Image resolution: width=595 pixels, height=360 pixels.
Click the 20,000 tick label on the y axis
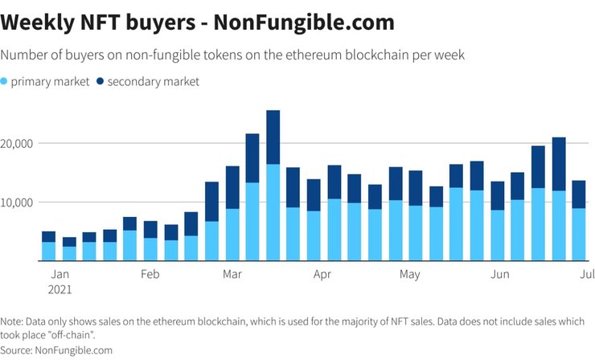(x=18, y=143)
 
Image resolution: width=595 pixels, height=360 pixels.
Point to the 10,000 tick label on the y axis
(x=18, y=202)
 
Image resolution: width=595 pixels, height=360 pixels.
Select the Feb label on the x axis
(x=150, y=274)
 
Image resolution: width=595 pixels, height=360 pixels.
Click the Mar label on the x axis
(x=233, y=274)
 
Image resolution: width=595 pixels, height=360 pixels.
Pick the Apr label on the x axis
(x=322, y=274)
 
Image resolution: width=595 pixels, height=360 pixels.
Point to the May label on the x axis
(x=409, y=274)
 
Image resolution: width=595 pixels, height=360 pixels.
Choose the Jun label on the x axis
(x=500, y=274)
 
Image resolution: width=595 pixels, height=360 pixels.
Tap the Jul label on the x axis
(x=586, y=274)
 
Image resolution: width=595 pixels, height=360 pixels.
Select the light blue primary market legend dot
(x=5, y=81)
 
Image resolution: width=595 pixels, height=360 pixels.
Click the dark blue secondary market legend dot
(x=100, y=81)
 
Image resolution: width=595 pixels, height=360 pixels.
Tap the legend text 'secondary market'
(x=153, y=81)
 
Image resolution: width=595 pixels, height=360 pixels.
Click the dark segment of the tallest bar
(x=273, y=137)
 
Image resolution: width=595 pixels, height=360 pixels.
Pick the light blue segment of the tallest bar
(x=273, y=212)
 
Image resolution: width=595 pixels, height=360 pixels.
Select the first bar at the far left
(x=48, y=246)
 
